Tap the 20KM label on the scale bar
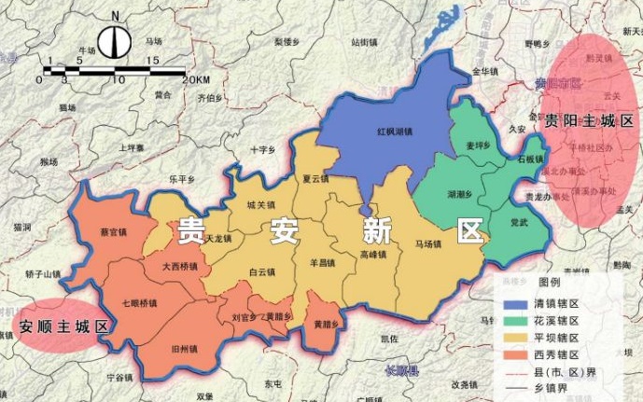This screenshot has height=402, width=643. tap(195, 80)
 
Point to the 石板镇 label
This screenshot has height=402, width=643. tap(531, 159)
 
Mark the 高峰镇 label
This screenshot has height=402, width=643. tap(372, 254)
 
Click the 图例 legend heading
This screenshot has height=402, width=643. tap(550, 282)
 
